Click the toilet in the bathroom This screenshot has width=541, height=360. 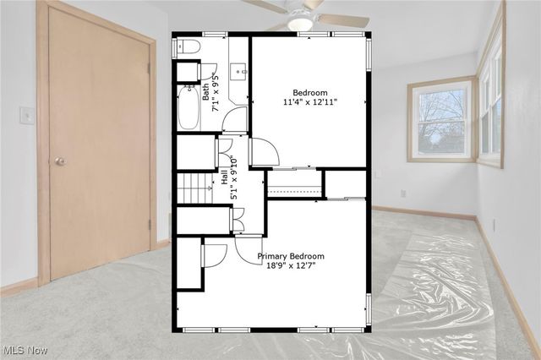pos(189,46)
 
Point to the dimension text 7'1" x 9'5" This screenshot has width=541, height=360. pos(216,94)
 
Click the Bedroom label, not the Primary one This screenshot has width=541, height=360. pos(310,93)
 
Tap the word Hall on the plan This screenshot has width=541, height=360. pos(225,177)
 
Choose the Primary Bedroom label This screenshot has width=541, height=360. pos(291,256)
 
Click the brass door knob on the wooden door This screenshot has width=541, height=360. pos(60,161)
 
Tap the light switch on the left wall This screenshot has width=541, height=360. pos(28,115)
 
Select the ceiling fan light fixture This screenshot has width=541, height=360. pos(299,22)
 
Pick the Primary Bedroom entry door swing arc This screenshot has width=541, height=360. pos(248,251)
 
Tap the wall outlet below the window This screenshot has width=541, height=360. pos(402,193)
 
